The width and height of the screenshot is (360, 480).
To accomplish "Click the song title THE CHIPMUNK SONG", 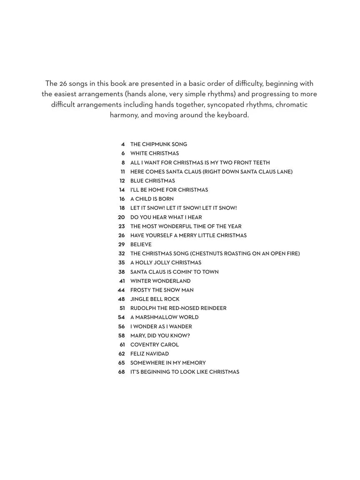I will pyautogui.click(x=158, y=144).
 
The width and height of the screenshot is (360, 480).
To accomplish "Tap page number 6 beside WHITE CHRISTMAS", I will pyautogui.click(x=123, y=153).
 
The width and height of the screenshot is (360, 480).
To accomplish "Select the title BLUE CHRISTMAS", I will pyautogui.click(x=152, y=181).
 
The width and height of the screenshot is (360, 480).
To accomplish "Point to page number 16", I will pyautogui.click(x=122, y=199).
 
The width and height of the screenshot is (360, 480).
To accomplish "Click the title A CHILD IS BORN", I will pyautogui.click(x=152, y=199).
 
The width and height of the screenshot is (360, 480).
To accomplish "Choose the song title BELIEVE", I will pyautogui.click(x=141, y=245).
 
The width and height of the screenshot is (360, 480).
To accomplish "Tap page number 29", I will pyautogui.click(x=121, y=245).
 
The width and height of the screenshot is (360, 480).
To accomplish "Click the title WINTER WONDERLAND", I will pyautogui.click(x=160, y=281).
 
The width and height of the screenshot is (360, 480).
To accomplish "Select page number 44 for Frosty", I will pyautogui.click(x=121, y=290).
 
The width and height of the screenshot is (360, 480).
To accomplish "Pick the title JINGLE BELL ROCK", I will pyautogui.click(x=155, y=299).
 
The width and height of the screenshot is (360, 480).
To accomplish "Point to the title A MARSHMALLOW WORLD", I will pyautogui.click(x=164, y=317).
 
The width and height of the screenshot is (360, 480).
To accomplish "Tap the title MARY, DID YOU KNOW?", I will pyautogui.click(x=160, y=335).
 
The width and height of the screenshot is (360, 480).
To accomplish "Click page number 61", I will pyautogui.click(x=122, y=345).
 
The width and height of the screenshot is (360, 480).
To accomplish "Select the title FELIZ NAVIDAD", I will pyautogui.click(x=150, y=354).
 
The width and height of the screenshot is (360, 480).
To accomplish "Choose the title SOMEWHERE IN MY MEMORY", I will pyautogui.click(x=168, y=363).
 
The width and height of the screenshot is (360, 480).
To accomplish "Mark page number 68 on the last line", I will pyautogui.click(x=121, y=372).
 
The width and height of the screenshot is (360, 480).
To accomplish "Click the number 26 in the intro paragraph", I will pyautogui.click(x=65, y=83).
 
